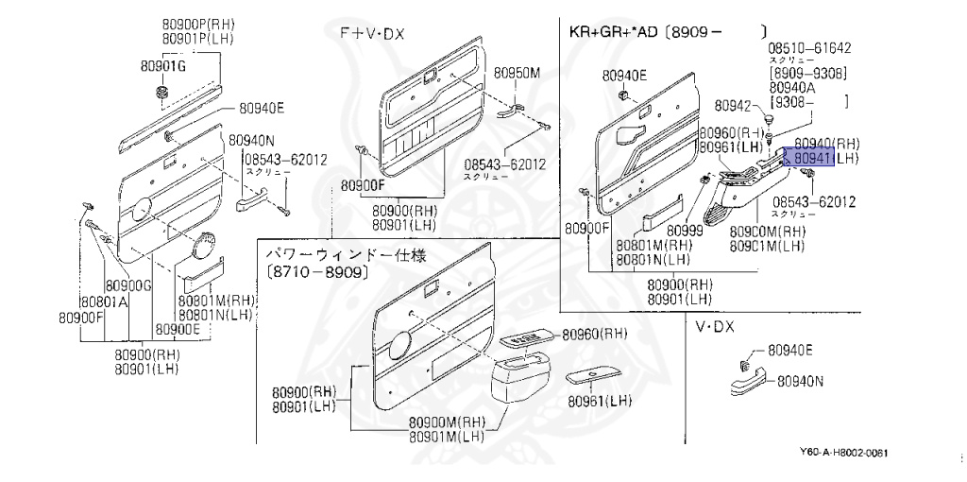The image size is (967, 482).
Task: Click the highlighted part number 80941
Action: click(x=811, y=159)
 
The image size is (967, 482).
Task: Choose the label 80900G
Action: click(x=127, y=285)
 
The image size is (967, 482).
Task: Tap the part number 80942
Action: click(x=732, y=106)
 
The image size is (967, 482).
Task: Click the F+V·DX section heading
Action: click(x=372, y=33)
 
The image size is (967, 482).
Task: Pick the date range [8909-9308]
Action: click(x=807, y=73)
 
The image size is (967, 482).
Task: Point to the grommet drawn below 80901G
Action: click(x=161, y=93)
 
